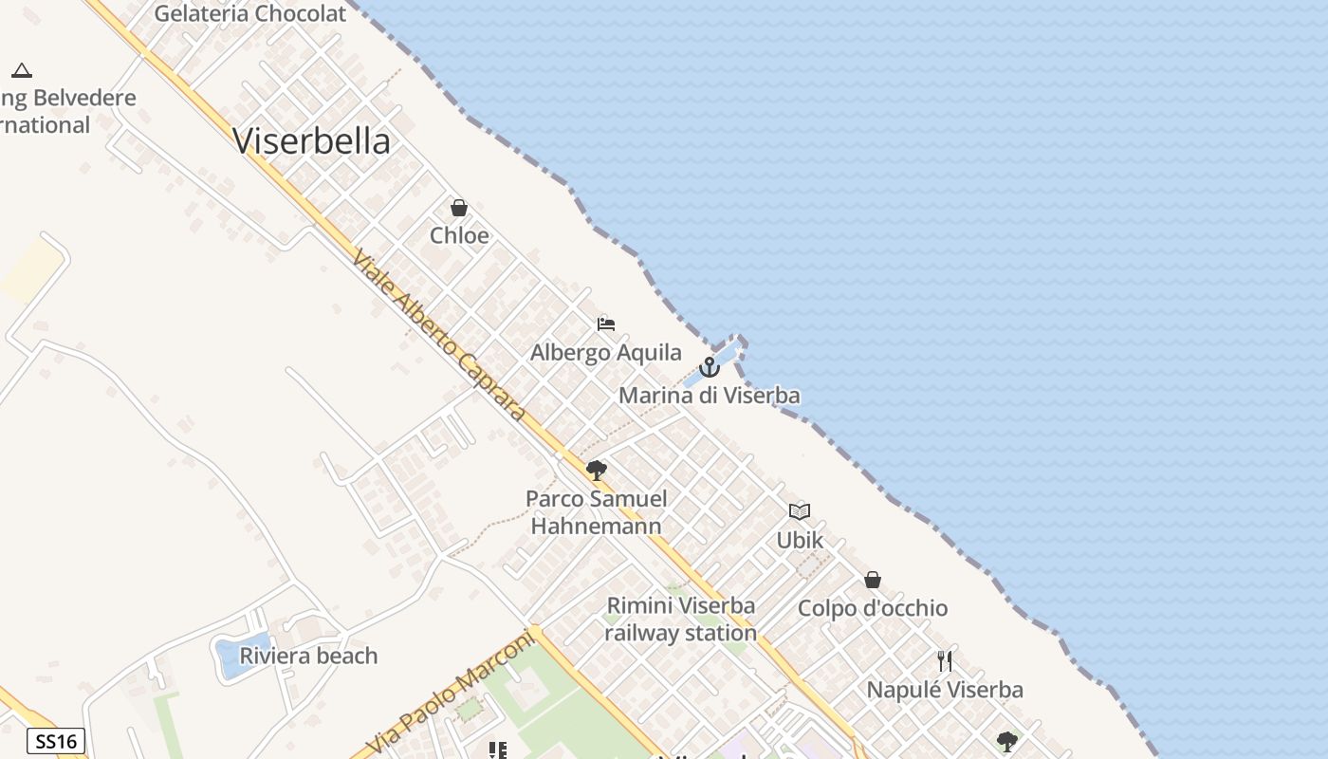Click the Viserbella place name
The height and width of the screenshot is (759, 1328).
[x=311, y=141]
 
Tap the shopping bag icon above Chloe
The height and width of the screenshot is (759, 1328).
[x=459, y=208]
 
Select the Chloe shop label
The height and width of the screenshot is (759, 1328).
[x=459, y=235]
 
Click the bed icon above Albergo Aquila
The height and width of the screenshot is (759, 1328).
[x=606, y=324]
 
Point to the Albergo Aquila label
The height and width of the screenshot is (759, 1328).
[x=605, y=353]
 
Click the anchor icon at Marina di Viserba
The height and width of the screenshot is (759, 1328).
[x=710, y=367]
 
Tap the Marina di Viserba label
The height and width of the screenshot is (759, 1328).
[x=710, y=395]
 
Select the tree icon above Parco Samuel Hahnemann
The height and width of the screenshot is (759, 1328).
[x=597, y=470]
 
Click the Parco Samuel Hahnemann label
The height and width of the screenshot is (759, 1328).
[x=597, y=511]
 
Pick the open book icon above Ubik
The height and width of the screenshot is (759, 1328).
[x=800, y=511]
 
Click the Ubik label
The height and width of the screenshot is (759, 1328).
[x=800, y=540]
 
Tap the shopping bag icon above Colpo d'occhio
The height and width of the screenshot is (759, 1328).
[x=873, y=580]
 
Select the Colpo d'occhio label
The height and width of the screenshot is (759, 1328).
[x=873, y=608]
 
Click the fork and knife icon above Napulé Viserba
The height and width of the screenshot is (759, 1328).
[x=945, y=661]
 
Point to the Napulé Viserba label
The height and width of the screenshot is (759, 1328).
[x=945, y=690]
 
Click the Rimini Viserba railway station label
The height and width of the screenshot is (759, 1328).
[x=681, y=619]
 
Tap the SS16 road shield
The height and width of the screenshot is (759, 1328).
[x=56, y=741]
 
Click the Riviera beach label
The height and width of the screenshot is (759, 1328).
[x=308, y=656]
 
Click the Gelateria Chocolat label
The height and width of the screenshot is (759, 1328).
[x=250, y=14]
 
